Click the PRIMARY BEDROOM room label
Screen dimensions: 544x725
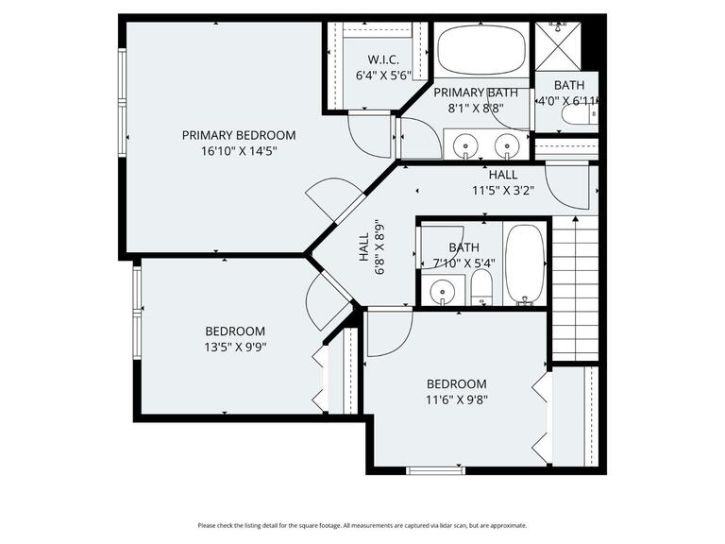click(x=238, y=135)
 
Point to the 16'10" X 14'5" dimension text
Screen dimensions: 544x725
click(x=238, y=150)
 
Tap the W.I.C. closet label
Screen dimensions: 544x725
click(x=371, y=59)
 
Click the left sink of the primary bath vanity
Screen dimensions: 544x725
click(x=464, y=145)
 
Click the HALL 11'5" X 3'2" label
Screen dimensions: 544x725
click(x=503, y=182)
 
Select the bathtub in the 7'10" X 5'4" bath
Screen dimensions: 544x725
click(x=524, y=263)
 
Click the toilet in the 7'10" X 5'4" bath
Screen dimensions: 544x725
click(x=481, y=289)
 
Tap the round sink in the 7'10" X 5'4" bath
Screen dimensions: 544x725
click(x=442, y=291)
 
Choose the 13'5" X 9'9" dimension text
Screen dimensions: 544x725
click(x=235, y=347)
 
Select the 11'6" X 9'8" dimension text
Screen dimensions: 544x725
click(x=456, y=399)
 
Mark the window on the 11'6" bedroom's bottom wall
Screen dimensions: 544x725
click(x=434, y=469)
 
